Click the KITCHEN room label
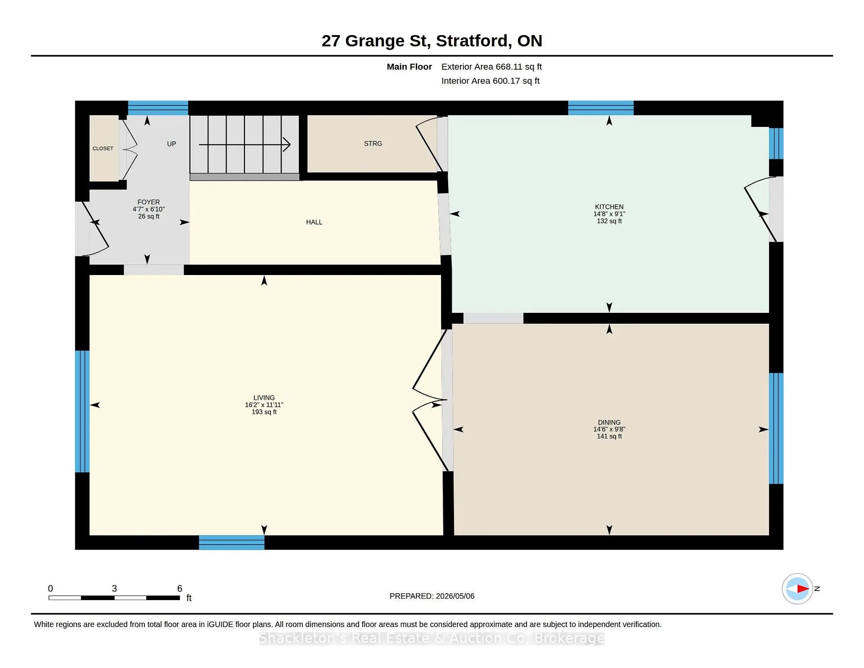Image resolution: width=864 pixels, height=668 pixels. (x=609, y=207)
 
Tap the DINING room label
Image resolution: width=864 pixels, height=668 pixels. (x=609, y=422)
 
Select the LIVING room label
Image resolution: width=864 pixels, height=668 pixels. (x=264, y=398)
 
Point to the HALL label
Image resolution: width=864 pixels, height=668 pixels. (x=314, y=222)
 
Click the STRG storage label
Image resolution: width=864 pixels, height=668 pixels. (x=373, y=144)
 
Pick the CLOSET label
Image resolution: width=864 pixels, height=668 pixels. (x=103, y=149)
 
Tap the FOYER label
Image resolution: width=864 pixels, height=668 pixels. (x=148, y=202)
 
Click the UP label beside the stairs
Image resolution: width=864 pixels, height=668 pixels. (x=171, y=144)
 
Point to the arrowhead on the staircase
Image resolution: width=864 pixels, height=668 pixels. (x=287, y=144)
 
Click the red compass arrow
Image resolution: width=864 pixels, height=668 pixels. (x=803, y=588)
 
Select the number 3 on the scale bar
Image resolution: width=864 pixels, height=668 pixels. (x=114, y=588)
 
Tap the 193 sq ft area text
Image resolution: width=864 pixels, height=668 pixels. (x=264, y=412)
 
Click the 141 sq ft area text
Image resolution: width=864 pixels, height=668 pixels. (x=609, y=436)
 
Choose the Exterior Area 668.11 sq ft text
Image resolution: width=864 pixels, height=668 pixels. (x=491, y=67)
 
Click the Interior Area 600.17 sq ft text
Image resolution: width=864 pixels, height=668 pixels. (x=490, y=81)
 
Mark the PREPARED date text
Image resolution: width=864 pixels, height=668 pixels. (x=432, y=596)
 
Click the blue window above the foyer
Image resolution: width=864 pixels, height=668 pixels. (x=158, y=108)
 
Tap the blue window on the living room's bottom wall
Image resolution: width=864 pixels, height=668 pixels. (x=232, y=542)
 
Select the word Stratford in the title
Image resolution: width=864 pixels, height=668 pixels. (x=474, y=41)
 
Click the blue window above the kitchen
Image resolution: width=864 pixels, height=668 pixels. (x=601, y=108)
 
